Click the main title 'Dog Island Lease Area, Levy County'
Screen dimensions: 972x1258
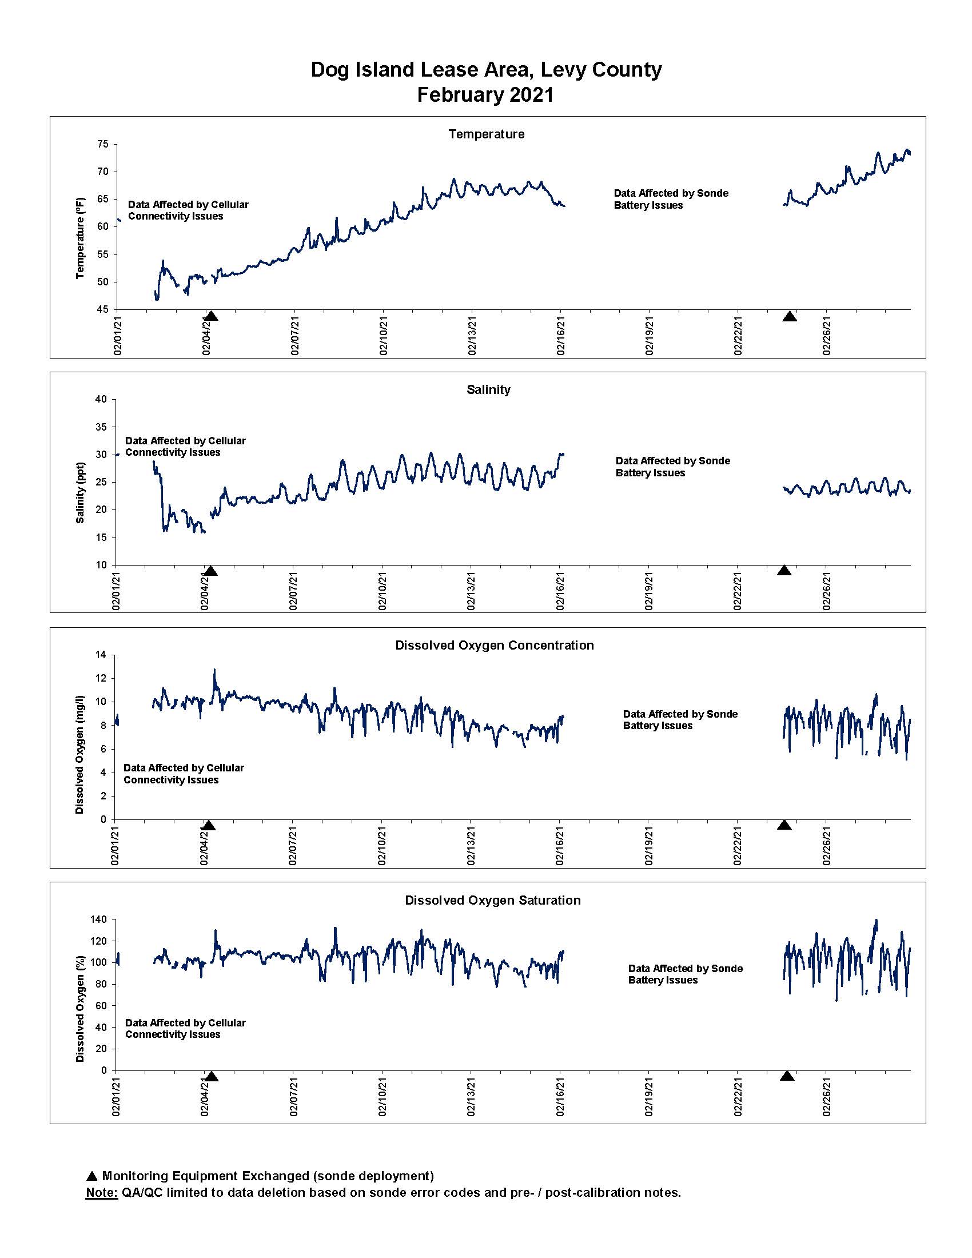click(486, 70)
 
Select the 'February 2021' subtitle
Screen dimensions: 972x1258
click(485, 94)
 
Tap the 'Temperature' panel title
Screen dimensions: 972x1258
click(487, 134)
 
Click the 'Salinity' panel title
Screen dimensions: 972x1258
click(488, 389)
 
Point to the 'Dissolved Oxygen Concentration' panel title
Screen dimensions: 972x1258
click(494, 645)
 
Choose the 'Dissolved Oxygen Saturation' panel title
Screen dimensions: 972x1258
click(493, 900)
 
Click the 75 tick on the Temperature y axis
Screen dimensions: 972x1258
click(102, 144)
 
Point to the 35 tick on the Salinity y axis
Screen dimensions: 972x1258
click(101, 427)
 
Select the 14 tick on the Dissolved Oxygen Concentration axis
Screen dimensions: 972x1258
click(101, 655)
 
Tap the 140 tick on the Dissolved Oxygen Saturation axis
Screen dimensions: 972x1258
click(99, 919)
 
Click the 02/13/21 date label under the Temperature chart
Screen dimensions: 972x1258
click(472, 336)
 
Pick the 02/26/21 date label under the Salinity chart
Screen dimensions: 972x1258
click(827, 591)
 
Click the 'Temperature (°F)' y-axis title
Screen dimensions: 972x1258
click(80, 238)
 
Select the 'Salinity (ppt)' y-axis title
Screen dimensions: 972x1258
click(80, 492)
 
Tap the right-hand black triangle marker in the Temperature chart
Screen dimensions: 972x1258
click(790, 316)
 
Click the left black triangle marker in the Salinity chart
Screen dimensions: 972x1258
click(210, 571)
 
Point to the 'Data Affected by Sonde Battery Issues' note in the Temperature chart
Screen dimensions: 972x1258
click(671, 200)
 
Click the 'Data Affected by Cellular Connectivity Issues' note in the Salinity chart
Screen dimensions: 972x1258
click(185, 447)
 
